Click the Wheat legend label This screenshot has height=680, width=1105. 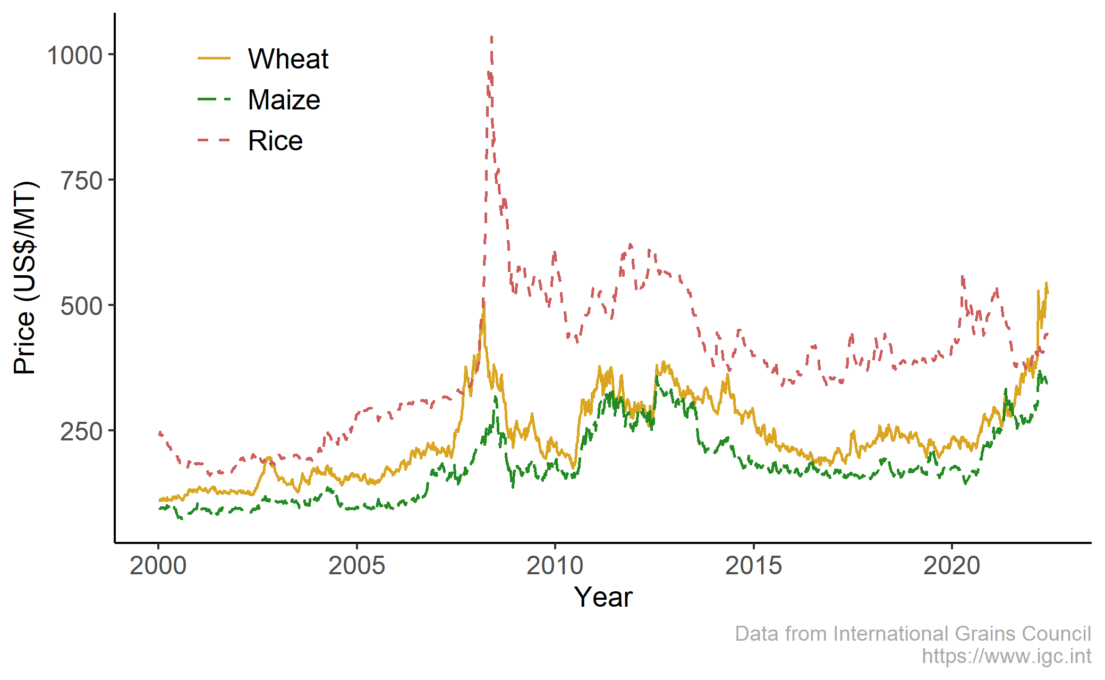pos(288,58)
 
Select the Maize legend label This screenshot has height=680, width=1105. pos(284,100)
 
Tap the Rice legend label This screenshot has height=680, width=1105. pos(275,141)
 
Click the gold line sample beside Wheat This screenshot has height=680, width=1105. pos(214,58)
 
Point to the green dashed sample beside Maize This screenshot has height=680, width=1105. pos(214,99)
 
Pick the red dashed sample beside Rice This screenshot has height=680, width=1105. pos(214,140)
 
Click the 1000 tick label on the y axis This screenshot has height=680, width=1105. pos(74,55)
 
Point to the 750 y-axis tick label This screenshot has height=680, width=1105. pos(81,181)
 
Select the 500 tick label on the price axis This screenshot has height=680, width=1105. pos(81,306)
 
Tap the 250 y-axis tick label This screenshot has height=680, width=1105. pos(81,431)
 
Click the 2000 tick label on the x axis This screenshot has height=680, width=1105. pos(158,566)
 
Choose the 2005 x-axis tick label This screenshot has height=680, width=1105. pos(356,566)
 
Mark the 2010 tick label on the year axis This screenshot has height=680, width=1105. pos(555,566)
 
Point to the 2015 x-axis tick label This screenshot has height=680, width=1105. pos(753,566)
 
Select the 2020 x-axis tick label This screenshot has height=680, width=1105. pos(951,566)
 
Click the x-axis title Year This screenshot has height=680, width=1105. pos(603,597)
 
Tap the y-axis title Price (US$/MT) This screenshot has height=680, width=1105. pos(25,278)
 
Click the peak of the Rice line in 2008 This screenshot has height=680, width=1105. pos(492,37)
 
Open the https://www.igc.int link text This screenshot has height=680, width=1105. pos(1006,656)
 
